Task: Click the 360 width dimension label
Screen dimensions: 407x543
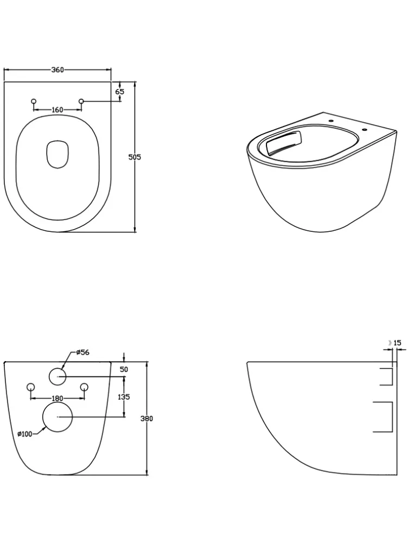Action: tap(58, 70)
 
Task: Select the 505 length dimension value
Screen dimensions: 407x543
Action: tap(135, 157)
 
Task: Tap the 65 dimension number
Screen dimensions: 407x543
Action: tap(120, 92)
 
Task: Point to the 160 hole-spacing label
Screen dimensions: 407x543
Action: tap(58, 110)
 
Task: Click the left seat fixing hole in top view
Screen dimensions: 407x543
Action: tap(34, 101)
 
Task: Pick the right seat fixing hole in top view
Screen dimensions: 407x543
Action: tap(81, 101)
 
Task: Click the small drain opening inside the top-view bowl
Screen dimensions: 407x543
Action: tap(58, 154)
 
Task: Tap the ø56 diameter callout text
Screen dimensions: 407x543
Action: tap(82, 352)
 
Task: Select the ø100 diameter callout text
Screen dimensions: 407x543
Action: tap(25, 434)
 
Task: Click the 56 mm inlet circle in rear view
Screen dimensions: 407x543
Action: tap(58, 376)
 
